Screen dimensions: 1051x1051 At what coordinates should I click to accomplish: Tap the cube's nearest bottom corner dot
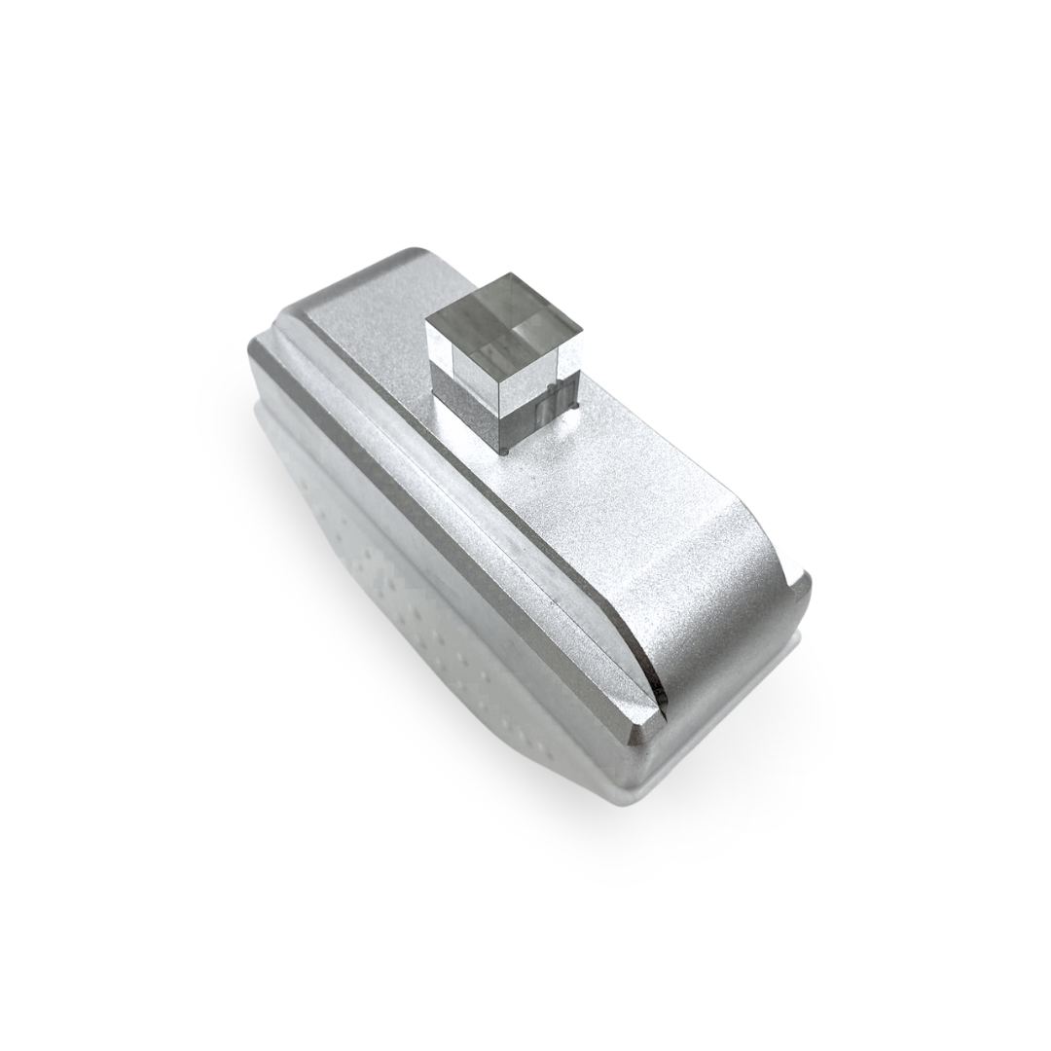(x=508, y=453)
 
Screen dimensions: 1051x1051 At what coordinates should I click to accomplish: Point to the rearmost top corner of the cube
(x=507, y=274)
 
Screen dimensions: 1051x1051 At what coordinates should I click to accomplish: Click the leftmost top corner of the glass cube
(x=427, y=322)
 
